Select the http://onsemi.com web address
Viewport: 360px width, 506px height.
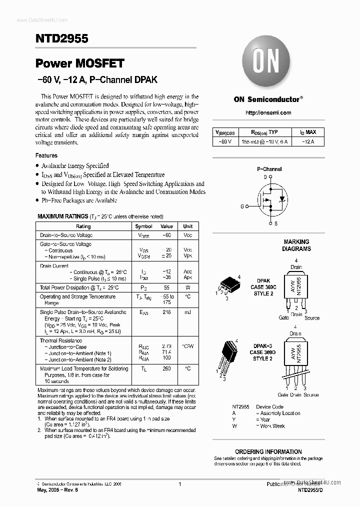tap(268, 113)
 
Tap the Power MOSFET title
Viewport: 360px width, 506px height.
tap(79, 63)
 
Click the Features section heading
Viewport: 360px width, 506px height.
tap(46, 155)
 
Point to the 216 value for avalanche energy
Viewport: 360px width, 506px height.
tap(166, 312)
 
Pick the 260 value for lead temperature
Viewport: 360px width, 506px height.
tap(166, 368)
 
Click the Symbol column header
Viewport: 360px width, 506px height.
tap(144, 226)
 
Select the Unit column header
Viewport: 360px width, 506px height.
tap(187, 226)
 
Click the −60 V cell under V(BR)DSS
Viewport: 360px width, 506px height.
tap(225, 142)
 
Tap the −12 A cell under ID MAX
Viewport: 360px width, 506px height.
tap(308, 142)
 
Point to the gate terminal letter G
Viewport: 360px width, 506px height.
tap(242, 205)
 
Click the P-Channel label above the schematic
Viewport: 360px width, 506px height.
tap(269, 169)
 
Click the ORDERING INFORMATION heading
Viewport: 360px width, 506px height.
tap(268, 451)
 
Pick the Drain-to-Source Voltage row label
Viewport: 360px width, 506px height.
tap(66, 235)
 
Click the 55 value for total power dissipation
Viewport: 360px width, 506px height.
tap(166, 287)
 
